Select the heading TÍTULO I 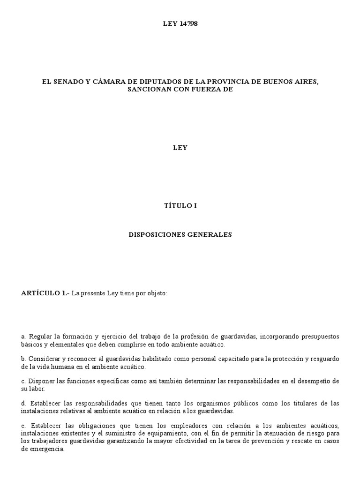click(x=180, y=205)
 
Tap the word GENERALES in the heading click(x=210, y=234)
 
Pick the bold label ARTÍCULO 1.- click(x=45, y=293)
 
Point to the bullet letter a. click(x=23, y=337)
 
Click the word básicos click(x=32, y=344)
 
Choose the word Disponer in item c click(x=41, y=381)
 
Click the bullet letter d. click(x=23, y=403)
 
